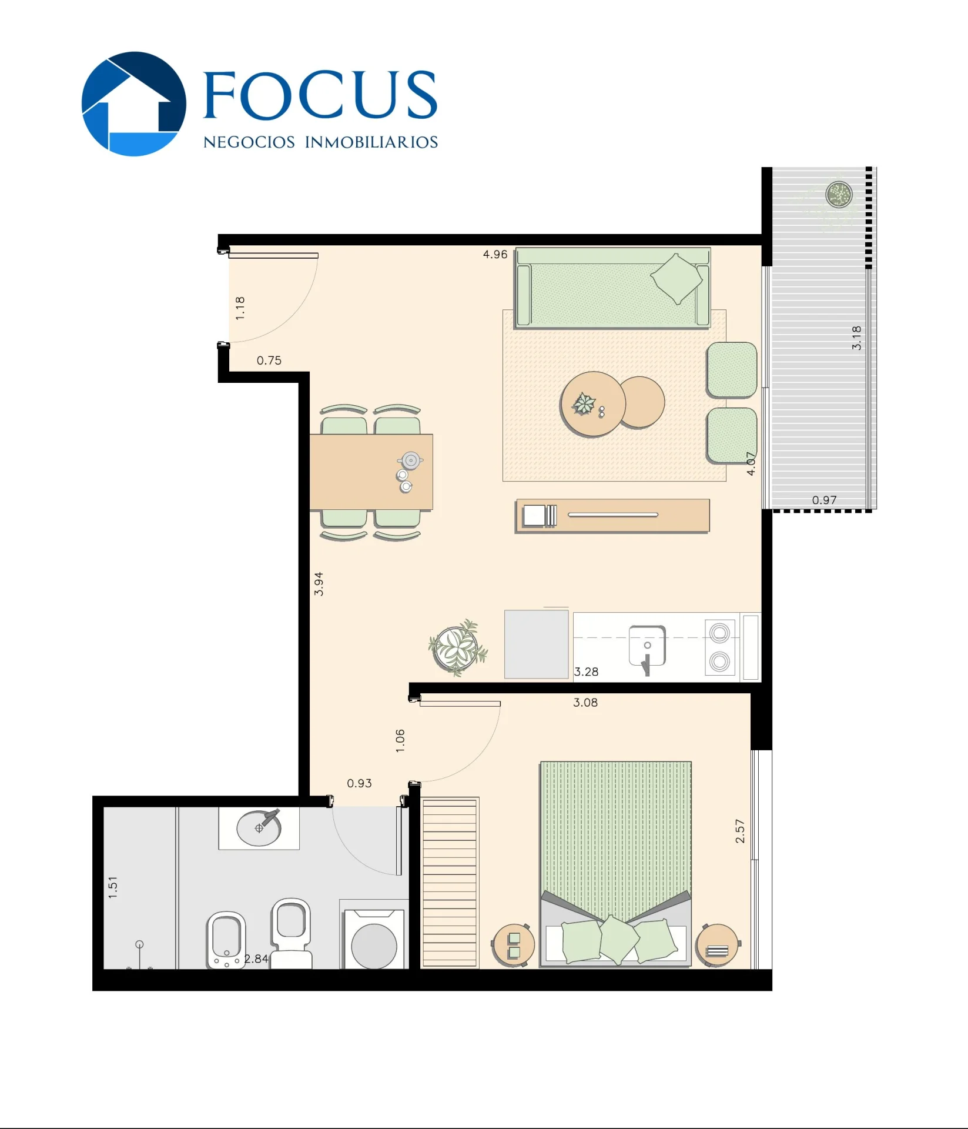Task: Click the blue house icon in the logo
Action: click(134, 104)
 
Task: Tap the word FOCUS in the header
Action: click(320, 95)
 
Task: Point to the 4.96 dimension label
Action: click(495, 254)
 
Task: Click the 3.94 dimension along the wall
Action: click(319, 584)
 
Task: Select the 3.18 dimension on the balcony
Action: click(856, 338)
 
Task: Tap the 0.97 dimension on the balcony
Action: click(824, 500)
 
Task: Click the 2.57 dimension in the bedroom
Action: click(740, 831)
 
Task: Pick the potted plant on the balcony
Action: click(839, 194)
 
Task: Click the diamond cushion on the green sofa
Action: click(676, 279)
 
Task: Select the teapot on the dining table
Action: click(410, 460)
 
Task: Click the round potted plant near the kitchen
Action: click(458, 647)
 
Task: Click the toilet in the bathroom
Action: click(291, 933)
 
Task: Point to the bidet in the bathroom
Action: click(226, 940)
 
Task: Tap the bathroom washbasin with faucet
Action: click(259, 827)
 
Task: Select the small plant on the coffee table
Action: click(584, 403)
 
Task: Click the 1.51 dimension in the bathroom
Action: click(113, 887)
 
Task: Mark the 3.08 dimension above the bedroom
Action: click(585, 702)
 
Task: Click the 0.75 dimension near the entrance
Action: click(269, 360)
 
